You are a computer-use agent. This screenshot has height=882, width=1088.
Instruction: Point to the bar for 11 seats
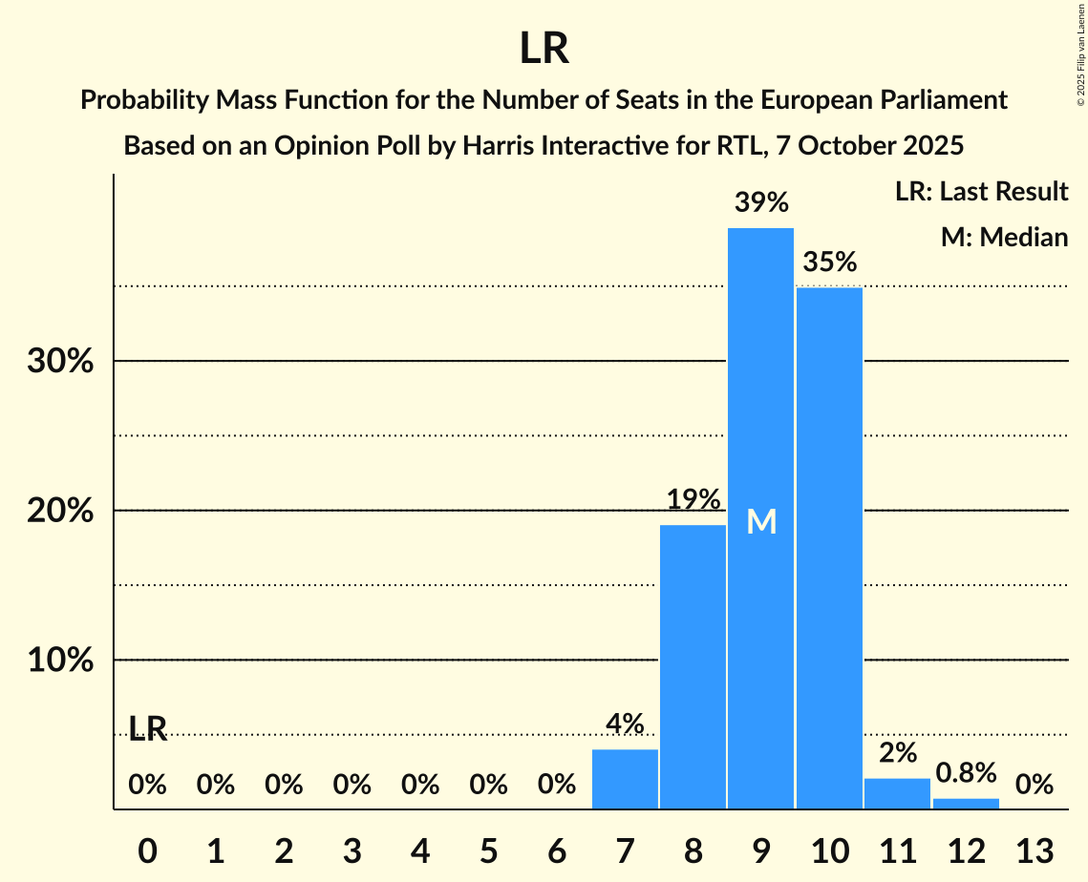point(897,794)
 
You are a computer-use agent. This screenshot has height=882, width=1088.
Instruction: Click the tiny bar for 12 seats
point(966,804)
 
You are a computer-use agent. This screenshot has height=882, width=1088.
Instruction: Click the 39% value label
point(761,202)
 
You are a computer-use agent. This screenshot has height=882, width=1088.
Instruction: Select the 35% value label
point(829,262)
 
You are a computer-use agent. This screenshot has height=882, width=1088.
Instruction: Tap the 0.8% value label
point(966,771)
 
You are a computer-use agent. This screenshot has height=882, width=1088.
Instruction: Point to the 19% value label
point(693,499)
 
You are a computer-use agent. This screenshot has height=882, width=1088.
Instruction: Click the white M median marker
point(761,521)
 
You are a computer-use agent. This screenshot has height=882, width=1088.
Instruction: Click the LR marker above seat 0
point(148,729)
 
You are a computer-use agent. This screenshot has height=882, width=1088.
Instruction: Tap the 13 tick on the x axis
point(1035,850)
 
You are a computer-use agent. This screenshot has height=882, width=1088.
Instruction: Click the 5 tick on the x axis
point(488,850)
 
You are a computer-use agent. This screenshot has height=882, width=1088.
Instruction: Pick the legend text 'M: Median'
point(1004,237)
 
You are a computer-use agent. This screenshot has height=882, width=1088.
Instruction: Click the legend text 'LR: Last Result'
point(981,192)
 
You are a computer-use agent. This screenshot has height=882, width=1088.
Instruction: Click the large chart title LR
point(544,49)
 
